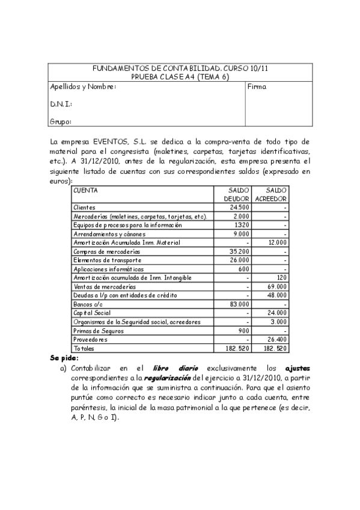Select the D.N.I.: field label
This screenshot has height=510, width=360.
(x=61, y=104)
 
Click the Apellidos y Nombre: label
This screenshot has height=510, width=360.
(x=82, y=87)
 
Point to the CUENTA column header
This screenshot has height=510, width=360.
(x=85, y=190)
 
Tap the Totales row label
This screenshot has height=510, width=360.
(x=84, y=349)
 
